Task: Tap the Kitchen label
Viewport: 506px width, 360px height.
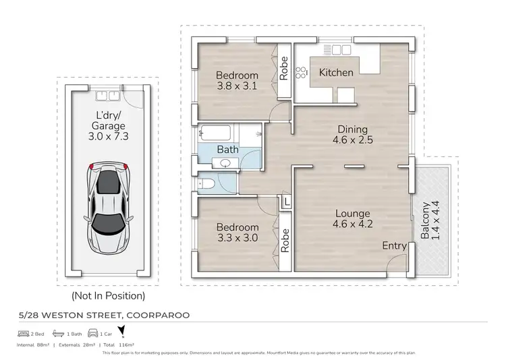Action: (336, 73)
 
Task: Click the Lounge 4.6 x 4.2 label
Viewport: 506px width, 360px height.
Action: (352, 220)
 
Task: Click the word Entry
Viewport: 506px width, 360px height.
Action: (394, 246)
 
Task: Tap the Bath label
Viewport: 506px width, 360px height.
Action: (227, 149)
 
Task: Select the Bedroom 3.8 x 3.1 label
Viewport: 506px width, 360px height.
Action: (237, 80)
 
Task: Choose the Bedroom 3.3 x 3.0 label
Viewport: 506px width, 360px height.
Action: (237, 233)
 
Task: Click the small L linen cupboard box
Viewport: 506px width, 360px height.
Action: (287, 202)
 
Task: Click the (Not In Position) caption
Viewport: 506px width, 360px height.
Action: (108, 295)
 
